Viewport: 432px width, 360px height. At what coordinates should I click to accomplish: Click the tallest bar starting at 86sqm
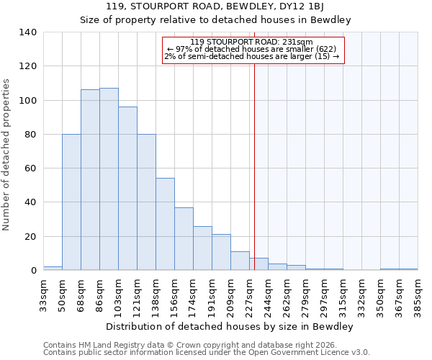[109, 179]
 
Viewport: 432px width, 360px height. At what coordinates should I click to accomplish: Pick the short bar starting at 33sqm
[53, 268]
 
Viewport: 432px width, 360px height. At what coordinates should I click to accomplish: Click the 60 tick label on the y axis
[31, 168]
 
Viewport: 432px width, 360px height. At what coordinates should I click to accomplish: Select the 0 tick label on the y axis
[34, 271]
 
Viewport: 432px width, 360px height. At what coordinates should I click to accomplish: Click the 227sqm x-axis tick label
[249, 294]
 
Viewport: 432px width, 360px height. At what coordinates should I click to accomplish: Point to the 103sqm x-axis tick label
[118, 294]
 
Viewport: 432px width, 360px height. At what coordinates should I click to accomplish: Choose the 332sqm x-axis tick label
[361, 294]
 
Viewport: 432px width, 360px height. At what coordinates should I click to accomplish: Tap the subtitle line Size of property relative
[215, 20]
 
